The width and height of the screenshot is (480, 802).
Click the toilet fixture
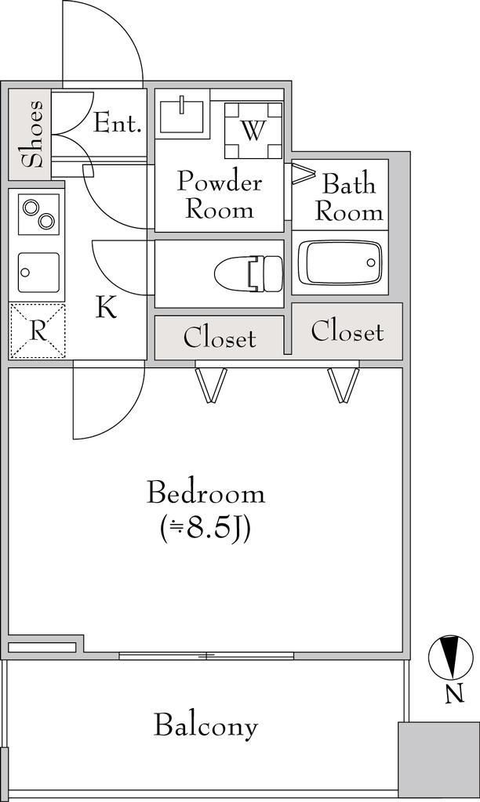[249, 273]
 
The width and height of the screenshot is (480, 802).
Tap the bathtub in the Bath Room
[340, 262]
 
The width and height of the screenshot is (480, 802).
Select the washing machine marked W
[253, 131]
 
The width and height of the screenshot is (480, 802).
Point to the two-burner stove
[39, 215]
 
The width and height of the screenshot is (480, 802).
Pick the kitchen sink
[39, 272]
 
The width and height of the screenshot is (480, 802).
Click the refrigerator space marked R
[38, 331]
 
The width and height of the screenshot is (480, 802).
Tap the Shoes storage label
[31, 134]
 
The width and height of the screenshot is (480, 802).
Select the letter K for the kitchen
[107, 308]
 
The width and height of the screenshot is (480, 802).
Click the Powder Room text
[220, 196]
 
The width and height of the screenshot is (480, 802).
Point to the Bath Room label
[349, 198]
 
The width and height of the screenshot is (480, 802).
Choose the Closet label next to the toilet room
[220, 338]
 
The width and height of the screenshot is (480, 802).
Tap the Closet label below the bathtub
[347, 331]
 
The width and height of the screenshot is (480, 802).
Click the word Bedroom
[206, 493]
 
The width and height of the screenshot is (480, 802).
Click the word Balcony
[206, 726]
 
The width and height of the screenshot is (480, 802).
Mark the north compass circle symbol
[451, 656]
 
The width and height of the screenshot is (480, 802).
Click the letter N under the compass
[454, 694]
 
